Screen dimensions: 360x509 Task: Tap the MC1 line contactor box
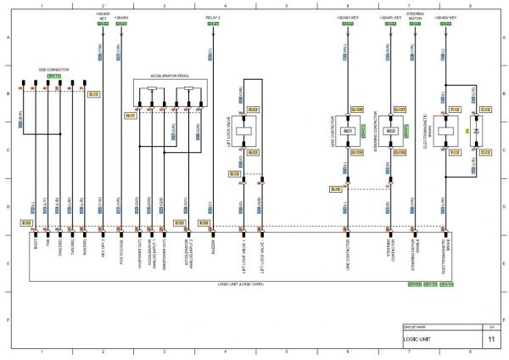coord(348,132)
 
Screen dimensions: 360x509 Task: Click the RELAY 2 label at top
coord(212,16)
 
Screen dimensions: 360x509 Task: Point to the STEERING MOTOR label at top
coord(415,14)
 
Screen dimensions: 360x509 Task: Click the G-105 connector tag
coord(356,110)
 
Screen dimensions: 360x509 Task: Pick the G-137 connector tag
coord(400,110)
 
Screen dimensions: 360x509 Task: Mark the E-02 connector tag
coord(26,222)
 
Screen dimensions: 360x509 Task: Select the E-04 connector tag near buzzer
coord(204,222)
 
